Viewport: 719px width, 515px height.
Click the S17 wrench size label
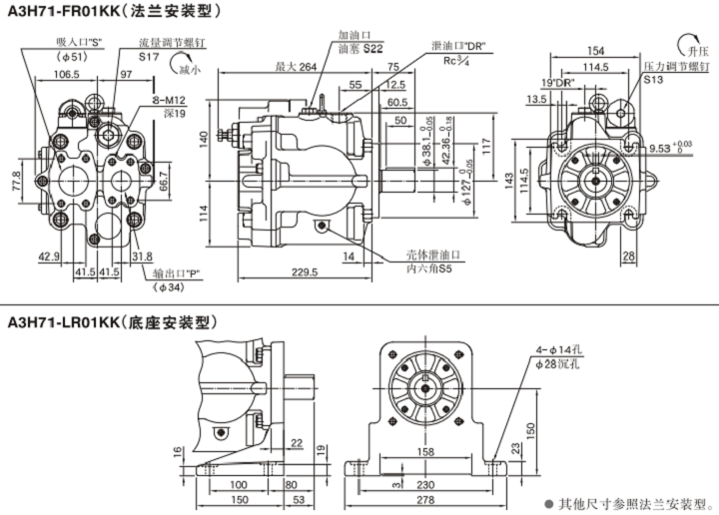point(150,58)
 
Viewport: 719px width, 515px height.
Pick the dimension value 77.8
point(17,186)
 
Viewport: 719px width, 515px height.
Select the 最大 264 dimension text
point(296,67)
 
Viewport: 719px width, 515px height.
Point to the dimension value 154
point(595,51)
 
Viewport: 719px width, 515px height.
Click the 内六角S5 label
point(430,269)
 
